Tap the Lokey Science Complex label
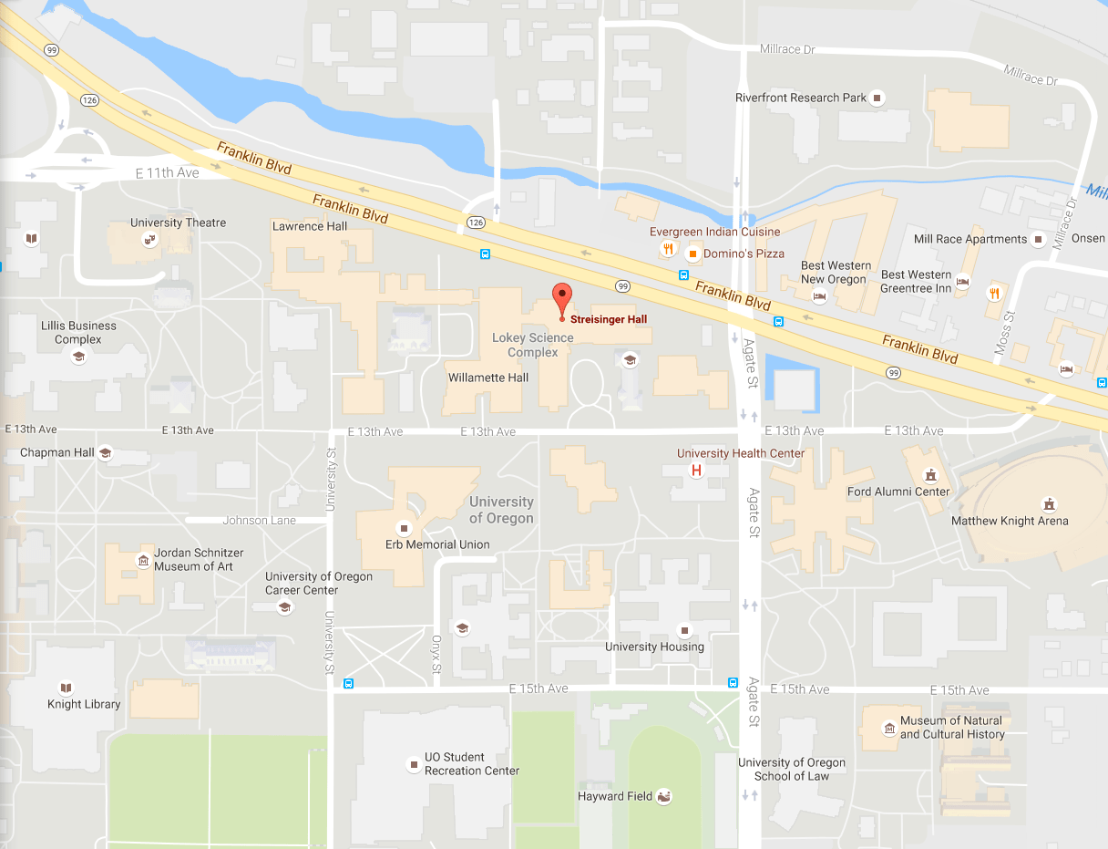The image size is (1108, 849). click(533, 345)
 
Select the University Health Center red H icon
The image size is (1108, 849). click(696, 471)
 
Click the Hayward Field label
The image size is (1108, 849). click(615, 796)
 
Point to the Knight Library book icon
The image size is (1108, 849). click(65, 688)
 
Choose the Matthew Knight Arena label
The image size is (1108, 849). click(1010, 522)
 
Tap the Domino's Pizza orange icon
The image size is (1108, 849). click(692, 254)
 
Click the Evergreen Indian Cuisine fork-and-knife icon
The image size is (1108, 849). click(668, 248)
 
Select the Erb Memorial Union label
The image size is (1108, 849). click(437, 544)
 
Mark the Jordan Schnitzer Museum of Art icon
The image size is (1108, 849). click(142, 560)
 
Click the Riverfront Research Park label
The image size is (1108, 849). click(801, 98)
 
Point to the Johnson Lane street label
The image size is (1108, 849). click(259, 521)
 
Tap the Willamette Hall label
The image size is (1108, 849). click(488, 378)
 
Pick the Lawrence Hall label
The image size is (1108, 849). click(310, 226)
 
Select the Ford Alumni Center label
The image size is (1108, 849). click(898, 492)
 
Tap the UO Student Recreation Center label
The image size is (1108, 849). click(471, 764)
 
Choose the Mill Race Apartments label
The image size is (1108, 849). click(969, 239)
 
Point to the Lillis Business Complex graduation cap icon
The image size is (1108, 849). click(78, 357)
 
